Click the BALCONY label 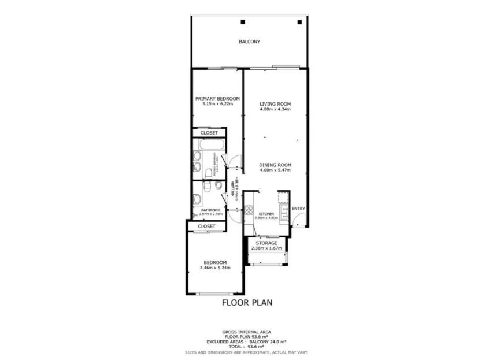250,42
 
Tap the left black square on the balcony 243,22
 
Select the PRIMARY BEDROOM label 217,99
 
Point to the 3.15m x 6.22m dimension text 217,104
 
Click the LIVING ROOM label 275,104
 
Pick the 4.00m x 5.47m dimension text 275,170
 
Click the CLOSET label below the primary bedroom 209,133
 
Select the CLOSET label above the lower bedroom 206,226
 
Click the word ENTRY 298,209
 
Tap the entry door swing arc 298,218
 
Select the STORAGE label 266,243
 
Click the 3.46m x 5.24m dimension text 215,268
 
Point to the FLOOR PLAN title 247,302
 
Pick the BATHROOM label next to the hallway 210,210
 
